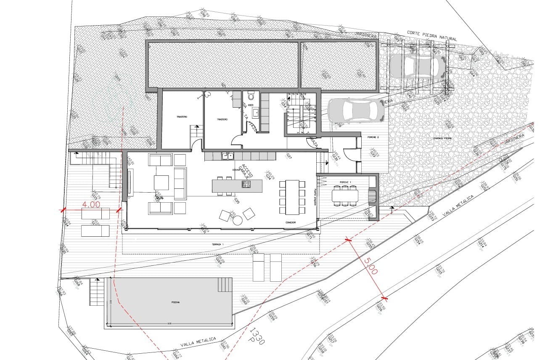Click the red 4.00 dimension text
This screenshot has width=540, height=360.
pyautogui.click(x=91, y=205)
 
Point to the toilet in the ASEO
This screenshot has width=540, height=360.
pyautogui.click(x=251, y=94)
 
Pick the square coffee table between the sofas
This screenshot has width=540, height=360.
pyautogui.click(x=161, y=183)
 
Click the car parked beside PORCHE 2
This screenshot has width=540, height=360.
pyautogui.click(x=356, y=111)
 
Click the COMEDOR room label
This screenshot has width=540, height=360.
pyautogui.click(x=290, y=222)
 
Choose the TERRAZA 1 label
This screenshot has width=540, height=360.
pyautogui.click(x=217, y=244)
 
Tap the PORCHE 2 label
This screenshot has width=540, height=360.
pyautogui.click(x=373, y=137)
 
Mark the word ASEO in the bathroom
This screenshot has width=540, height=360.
pyautogui.click(x=251, y=105)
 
